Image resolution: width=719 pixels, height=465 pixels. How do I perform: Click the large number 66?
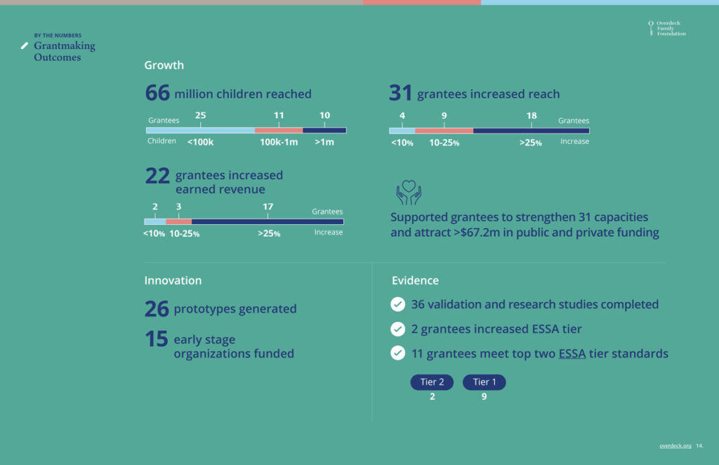(x=157, y=93)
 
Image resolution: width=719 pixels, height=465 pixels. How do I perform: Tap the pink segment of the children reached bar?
(x=279, y=130)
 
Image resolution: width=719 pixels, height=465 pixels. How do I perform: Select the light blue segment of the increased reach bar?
(x=402, y=130)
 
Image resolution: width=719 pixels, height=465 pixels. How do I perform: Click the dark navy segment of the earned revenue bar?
(x=268, y=222)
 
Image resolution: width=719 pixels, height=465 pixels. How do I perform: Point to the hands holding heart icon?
(x=409, y=192)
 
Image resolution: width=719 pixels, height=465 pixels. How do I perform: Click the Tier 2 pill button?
(x=432, y=382)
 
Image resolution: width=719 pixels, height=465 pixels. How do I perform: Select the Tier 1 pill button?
(x=484, y=382)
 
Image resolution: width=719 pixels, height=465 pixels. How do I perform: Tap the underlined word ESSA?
(x=572, y=353)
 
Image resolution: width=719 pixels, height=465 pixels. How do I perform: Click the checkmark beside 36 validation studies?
(x=398, y=304)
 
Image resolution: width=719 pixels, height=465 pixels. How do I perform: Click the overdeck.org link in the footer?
(x=675, y=445)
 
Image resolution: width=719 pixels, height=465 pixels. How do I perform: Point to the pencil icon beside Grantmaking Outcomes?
(x=25, y=46)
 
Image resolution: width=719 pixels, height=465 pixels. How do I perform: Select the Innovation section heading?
(x=173, y=280)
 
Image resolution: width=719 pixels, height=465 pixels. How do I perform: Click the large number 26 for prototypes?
(x=157, y=309)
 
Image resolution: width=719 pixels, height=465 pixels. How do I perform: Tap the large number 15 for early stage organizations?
(x=157, y=340)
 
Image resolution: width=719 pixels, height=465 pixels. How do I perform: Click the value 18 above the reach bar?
(x=532, y=116)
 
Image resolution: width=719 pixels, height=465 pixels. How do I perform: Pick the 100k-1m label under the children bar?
(x=279, y=142)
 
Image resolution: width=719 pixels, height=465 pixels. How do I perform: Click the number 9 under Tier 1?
(x=484, y=397)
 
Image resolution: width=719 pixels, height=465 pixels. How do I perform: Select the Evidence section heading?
(x=415, y=280)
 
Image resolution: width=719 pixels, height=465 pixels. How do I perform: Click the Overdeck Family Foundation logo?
(x=667, y=28)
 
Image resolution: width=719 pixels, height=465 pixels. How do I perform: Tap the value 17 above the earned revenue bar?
(x=268, y=207)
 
